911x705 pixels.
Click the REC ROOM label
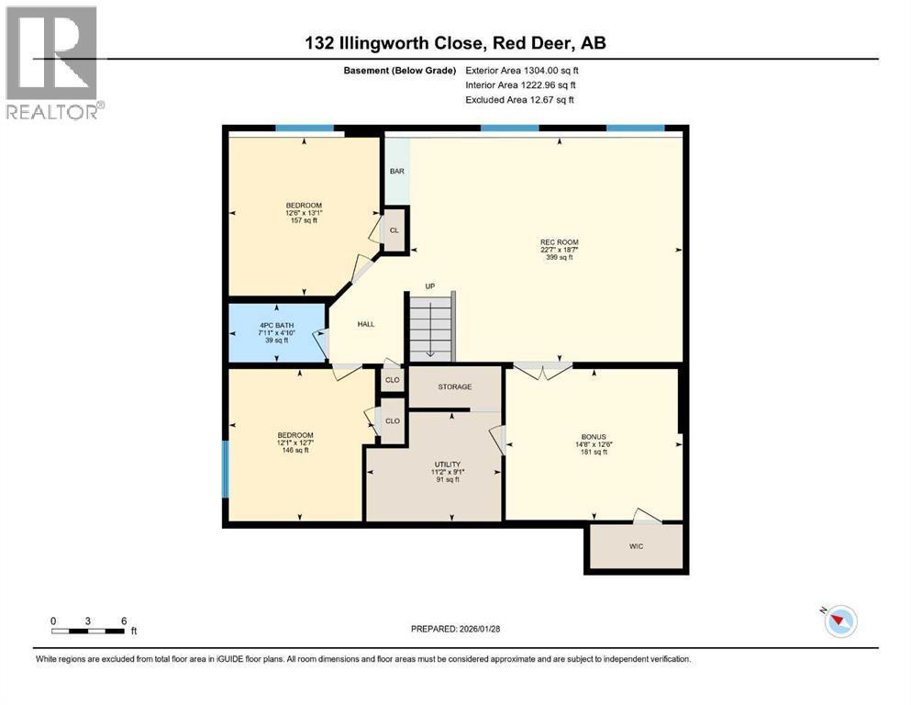point(559,242)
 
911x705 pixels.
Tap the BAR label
point(397,171)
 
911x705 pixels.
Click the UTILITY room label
point(447,465)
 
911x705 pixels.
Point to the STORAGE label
point(454,387)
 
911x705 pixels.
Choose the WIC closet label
point(636,547)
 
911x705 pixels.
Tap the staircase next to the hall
point(430,328)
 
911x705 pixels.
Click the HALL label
point(365,323)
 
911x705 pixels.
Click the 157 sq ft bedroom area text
point(304,220)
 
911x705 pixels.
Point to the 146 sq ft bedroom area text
point(295,450)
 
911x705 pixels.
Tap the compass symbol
point(839,621)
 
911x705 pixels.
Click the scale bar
point(88,631)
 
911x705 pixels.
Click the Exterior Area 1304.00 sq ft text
point(522,70)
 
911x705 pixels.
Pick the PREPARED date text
point(455,629)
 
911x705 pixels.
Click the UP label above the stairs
point(428,286)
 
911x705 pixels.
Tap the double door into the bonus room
point(542,370)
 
